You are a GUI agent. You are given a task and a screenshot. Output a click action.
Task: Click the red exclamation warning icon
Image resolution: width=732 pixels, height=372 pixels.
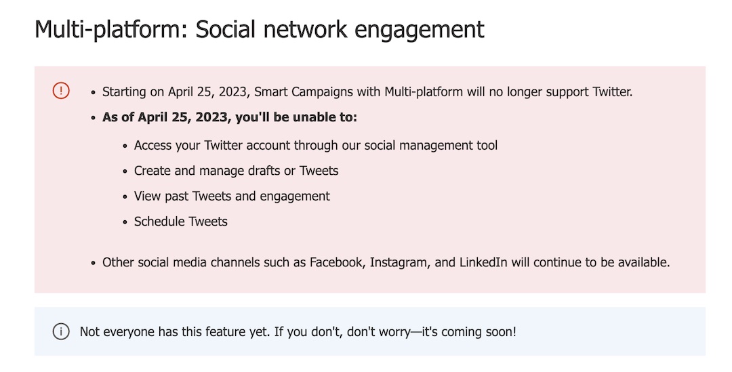coord(61,90)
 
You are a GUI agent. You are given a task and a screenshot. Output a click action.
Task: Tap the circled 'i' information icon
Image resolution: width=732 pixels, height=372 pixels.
coord(61,331)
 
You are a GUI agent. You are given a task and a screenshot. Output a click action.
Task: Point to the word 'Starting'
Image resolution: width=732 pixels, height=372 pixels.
coord(124,92)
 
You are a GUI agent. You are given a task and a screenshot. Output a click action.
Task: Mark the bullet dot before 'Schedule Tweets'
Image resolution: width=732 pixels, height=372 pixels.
coord(125,222)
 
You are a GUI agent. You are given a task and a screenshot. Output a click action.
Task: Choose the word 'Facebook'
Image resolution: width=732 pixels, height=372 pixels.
coord(336,262)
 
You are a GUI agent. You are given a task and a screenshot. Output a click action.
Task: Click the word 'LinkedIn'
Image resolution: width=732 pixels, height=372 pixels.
coord(483,262)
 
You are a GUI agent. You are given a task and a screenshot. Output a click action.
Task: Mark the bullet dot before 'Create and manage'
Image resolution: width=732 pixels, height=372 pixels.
coord(125,171)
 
